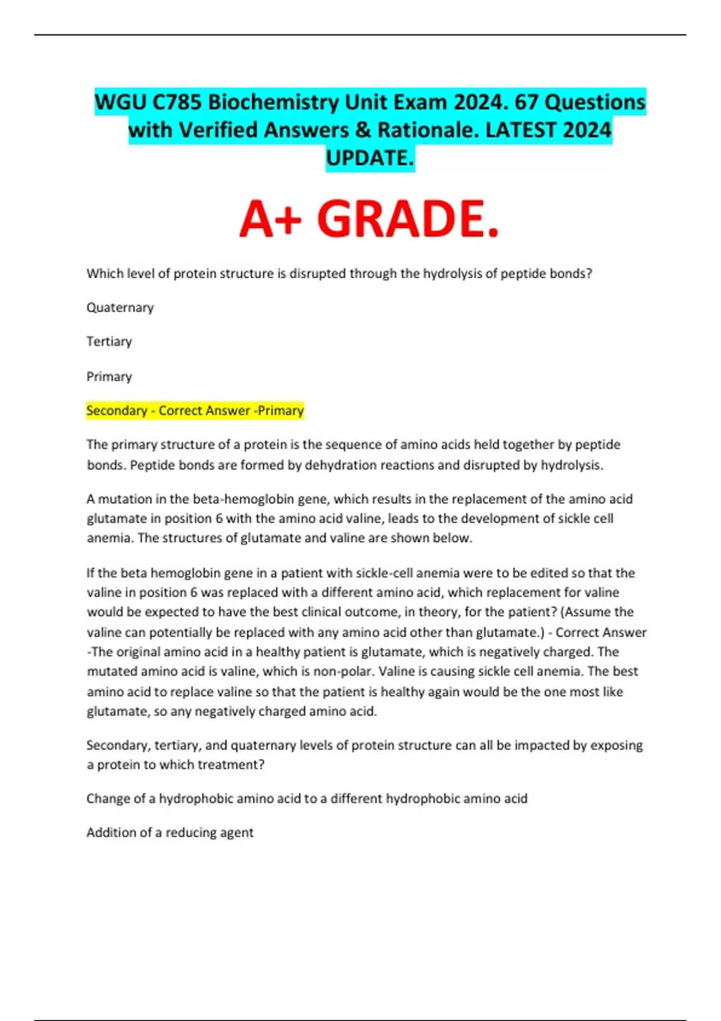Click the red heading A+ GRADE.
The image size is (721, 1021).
tap(369, 219)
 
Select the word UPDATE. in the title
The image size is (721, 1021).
tap(370, 158)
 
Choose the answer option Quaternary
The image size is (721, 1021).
tap(120, 308)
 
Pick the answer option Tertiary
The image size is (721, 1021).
tap(109, 342)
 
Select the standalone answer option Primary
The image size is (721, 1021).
tap(109, 377)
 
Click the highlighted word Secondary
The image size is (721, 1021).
tap(117, 411)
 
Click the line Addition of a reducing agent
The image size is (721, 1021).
tap(170, 832)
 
